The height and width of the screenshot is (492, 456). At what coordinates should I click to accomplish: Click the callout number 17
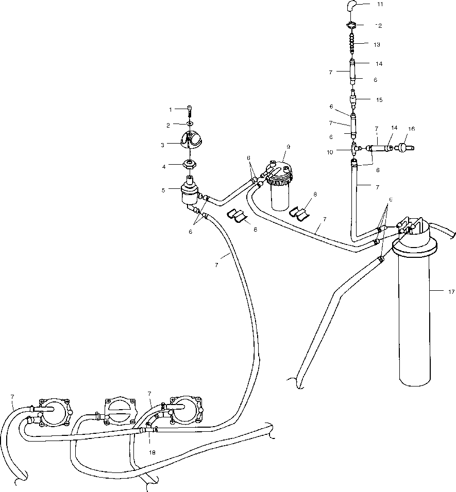(451, 292)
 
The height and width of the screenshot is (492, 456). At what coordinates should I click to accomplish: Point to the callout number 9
(288, 147)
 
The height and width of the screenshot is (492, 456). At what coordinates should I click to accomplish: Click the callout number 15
(379, 100)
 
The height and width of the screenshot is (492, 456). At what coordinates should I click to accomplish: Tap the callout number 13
(377, 45)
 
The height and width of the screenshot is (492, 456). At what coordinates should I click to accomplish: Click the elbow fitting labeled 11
(350, 7)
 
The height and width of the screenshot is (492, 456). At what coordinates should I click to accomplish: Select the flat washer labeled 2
(190, 124)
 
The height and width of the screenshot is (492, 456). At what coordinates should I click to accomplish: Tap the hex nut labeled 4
(190, 166)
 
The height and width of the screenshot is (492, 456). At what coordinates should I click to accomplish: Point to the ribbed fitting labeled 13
(352, 44)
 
